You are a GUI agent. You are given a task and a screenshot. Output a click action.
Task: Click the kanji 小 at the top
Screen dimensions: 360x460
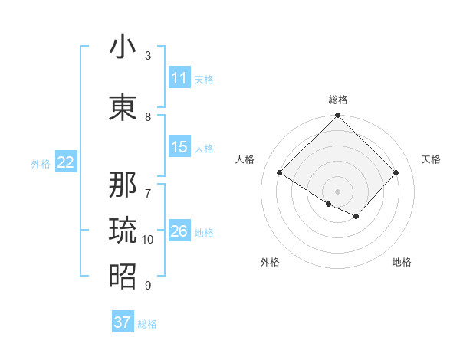coord(123,47)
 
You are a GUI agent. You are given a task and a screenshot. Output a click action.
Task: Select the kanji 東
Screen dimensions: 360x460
coord(123,107)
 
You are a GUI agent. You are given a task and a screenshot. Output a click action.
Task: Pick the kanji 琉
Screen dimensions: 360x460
coord(123,230)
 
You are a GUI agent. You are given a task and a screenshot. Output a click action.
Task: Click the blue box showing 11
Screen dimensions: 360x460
coord(179,78)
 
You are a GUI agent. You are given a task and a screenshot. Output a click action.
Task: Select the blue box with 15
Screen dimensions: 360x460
coord(179,147)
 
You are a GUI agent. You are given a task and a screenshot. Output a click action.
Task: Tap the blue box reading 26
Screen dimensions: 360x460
coord(179,231)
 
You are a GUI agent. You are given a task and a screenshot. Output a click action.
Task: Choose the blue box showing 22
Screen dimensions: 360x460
coord(66,162)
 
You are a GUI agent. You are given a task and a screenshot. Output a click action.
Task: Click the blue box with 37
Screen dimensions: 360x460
coord(123,322)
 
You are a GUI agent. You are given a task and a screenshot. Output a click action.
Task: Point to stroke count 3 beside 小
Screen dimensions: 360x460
coord(148,56)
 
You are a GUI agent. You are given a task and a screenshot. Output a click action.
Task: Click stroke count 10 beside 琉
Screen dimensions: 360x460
coord(148,240)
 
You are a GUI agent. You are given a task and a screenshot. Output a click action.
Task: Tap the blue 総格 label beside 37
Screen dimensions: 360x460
coord(148,324)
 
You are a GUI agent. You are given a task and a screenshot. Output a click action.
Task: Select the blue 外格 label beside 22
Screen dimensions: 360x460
coord(41,163)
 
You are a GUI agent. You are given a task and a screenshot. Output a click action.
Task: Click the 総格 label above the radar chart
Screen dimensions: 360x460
coord(338,100)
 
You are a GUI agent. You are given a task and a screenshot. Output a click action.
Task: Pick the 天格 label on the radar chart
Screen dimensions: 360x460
coord(432,159)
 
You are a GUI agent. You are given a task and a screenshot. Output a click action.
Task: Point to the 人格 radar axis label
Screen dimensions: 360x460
coord(245,159)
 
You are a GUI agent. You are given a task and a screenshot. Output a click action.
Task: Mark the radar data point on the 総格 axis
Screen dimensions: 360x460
coord(338,116)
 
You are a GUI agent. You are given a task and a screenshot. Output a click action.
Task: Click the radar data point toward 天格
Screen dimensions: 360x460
coord(396,173)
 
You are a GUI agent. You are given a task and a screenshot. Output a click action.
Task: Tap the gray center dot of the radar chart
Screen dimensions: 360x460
coord(338,191)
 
